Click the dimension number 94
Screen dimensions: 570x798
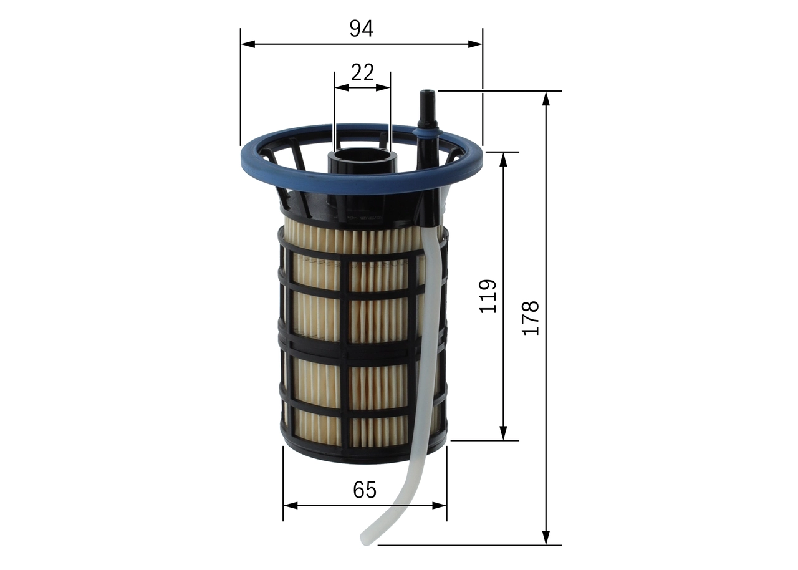[x=361, y=28]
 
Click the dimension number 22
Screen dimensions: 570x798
[x=362, y=72]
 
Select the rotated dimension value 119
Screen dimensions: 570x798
[x=488, y=296]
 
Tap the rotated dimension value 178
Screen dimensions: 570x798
[x=530, y=318]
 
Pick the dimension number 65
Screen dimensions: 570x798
[x=365, y=490]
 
